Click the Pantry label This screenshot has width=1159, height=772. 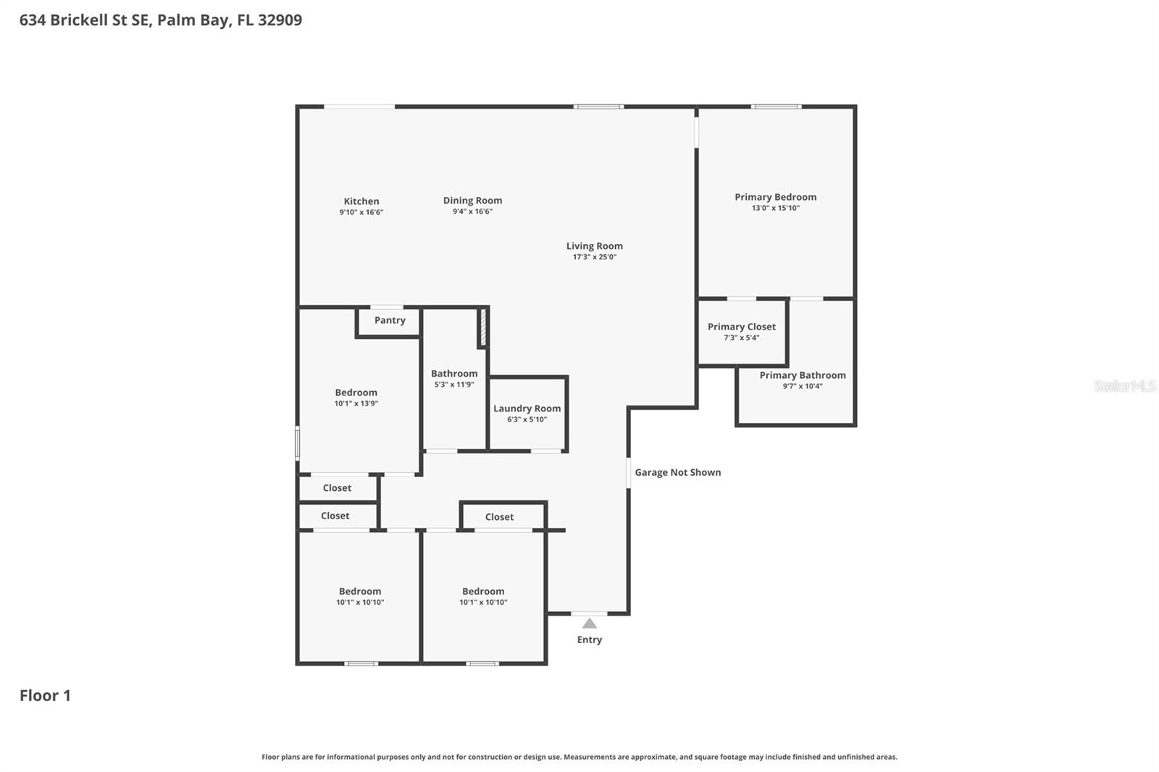pyautogui.click(x=390, y=320)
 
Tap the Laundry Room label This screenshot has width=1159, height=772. pyautogui.click(x=527, y=408)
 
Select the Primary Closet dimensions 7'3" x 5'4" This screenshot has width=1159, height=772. pyautogui.click(x=741, y=337)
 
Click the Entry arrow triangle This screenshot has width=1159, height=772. pyautogui.click(x=590, y=624)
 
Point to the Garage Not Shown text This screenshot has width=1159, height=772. pyautogui.click(x=677, y=472)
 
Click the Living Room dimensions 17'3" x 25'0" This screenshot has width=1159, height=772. pyautogui.click(x=594, y=257)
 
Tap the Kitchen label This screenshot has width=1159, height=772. pyautogui.click(x=361, y=201)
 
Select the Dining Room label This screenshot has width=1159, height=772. pyautogui.click(x=472, y=201)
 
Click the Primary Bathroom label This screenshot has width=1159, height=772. pyautogui.click(x=802, y=375)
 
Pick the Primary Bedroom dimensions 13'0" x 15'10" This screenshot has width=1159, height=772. pyautogui.click(x=775, y=208)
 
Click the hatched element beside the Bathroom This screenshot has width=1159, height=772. pyautogui.click(x=482, y=327)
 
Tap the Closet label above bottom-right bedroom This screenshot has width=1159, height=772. pyautogui.click(x=499, y=516)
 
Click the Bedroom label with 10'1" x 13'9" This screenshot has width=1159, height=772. pyautogui.click(x=356, y=393)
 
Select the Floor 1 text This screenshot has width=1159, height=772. pyautogui.click(x=45, y=695)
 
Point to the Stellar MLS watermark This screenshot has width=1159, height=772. pyautogui.click(x=1124, y=386)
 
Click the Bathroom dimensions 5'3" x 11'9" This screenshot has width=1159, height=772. pyautogui.click(x=454, y=385)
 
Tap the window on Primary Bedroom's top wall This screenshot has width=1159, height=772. pyautogui.click(x=776, y=106)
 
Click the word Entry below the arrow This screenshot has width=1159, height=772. pyautogui.click(x=589, y=639)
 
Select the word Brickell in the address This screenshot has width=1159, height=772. pyautogui.click(x=79, y=20)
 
